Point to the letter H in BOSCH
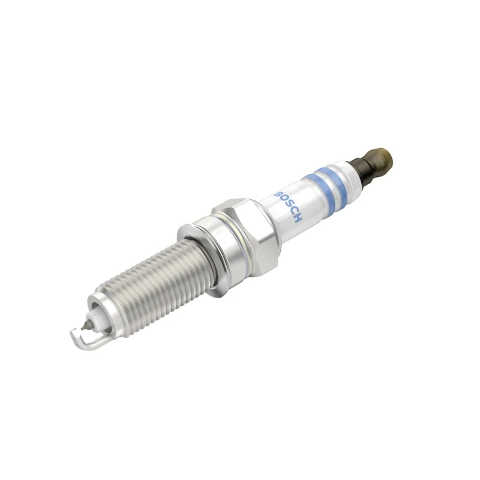pos(298,219)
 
